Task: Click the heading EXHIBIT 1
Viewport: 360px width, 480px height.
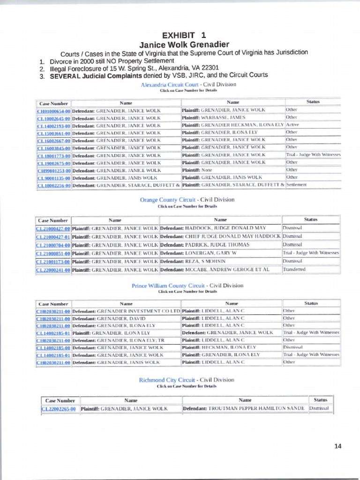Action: tap(184, 35)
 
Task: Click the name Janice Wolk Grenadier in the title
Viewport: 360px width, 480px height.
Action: tap(184, 45)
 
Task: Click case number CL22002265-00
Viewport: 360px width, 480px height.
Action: tap(59, 409)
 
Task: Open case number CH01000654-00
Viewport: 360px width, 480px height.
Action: tap(53, 111)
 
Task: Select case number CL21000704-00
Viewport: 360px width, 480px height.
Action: tap(53, 245)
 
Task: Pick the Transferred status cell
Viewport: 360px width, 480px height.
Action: tap(294, 270)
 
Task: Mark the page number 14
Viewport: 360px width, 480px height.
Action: tap(337, 446)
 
